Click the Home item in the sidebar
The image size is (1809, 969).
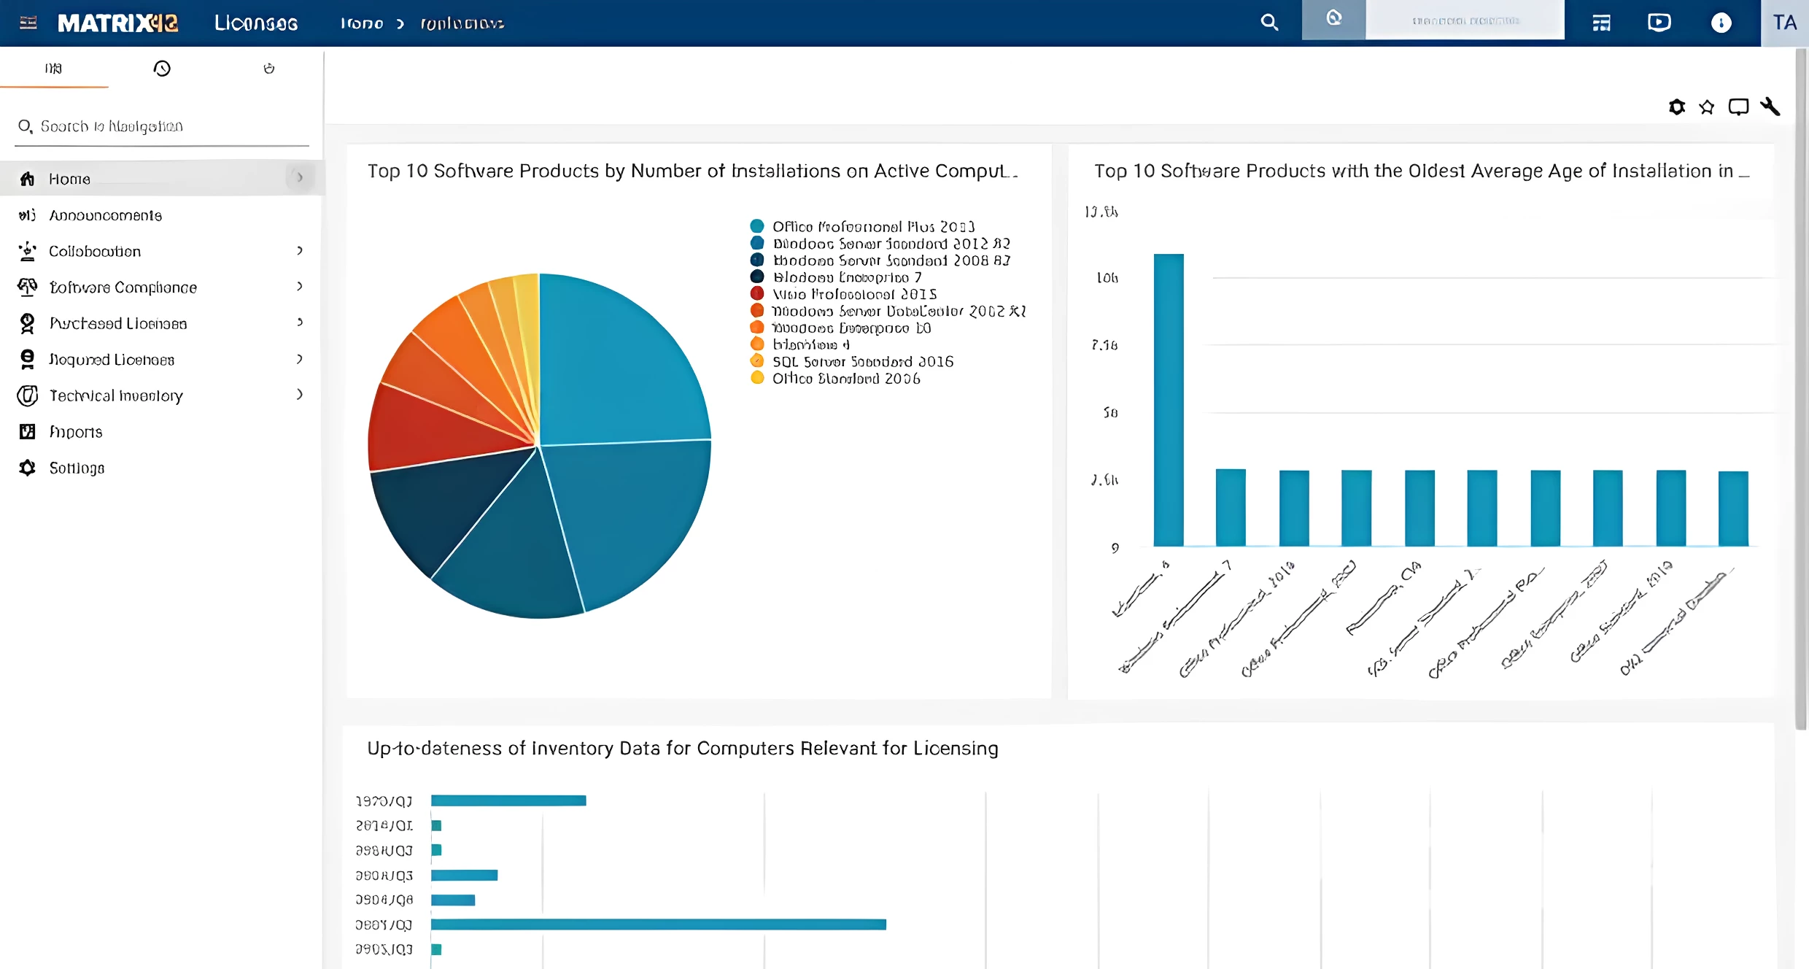(69, 179)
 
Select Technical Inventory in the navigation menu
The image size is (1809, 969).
(115, 395)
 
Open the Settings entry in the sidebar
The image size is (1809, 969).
(77, 468)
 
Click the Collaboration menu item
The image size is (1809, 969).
(95, 251)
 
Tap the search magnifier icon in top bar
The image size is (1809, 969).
(1269, 23)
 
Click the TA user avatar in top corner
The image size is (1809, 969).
(1784, 23)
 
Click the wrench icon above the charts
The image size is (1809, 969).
(1770, 107)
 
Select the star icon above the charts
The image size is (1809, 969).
(1706, 107)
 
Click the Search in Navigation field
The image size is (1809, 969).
(160, 126)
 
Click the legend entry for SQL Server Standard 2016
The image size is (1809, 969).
(862, 361)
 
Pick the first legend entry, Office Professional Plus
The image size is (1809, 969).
(872, 226)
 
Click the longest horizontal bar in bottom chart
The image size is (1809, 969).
(658, 924)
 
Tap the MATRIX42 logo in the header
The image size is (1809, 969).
(117, 23)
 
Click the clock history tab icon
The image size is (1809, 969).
(162, 69)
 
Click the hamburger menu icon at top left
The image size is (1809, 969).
(28, 23)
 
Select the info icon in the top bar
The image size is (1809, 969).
(1721, 23)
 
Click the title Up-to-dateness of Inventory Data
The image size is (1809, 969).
(682, 748)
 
